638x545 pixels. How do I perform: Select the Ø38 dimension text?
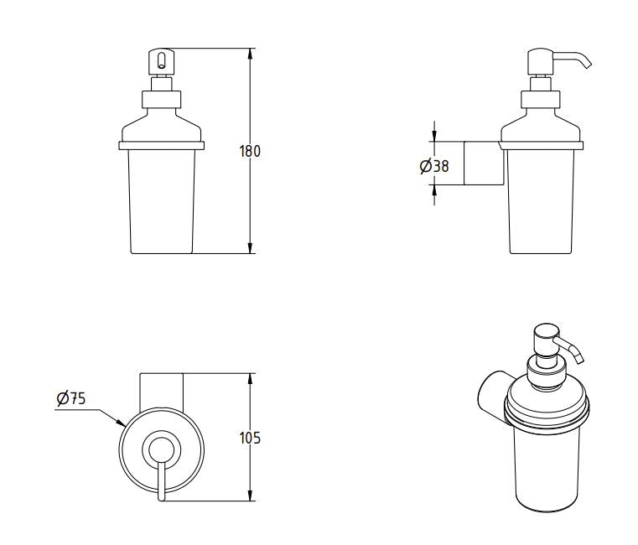tap(435, 166)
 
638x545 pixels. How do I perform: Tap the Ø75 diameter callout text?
tap(73, 400)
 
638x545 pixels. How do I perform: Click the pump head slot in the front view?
tap(158, 59)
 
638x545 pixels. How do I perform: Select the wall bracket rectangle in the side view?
tap(484, 163)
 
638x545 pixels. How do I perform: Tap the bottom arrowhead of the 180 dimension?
tap(251, 248)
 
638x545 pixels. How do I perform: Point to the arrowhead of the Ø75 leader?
tap(122, 423)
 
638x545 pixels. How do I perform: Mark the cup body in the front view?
tap(162, 201)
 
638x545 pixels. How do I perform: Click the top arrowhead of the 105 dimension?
tap(251, 377)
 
